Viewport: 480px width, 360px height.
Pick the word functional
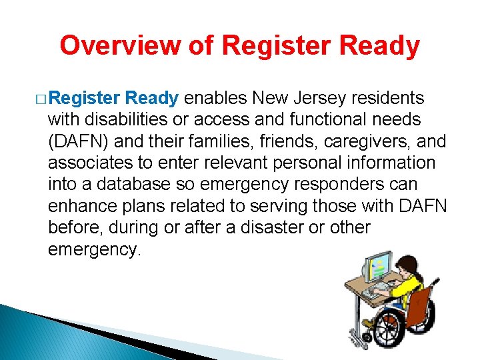(x=343, y=120)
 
